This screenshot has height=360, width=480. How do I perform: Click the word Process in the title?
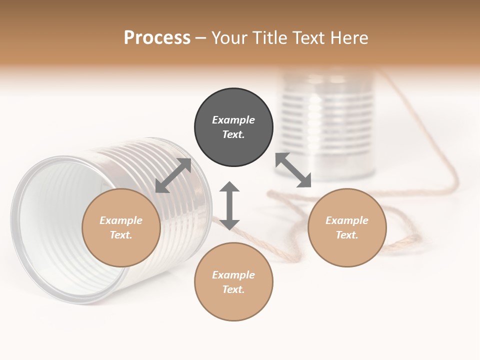(x=157, y=38)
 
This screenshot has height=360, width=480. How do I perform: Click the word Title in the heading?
(x=269, y=38)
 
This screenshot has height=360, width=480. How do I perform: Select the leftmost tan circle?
(x=121, y=227)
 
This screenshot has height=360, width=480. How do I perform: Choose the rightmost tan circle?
(x=347, y=227)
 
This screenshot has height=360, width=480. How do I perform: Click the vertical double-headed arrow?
(x=229, y=205)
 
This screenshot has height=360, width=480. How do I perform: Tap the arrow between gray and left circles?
(x=173, y=175)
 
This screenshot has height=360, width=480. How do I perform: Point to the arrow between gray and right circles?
(x=293, y=170)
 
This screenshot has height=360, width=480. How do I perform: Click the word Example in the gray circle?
(x=233, y=120)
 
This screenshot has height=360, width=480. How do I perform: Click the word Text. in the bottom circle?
(x=233, y=289)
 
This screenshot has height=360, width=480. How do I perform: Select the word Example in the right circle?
(x=347, y=220)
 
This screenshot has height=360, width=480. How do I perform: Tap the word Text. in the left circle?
(x=121, y=235)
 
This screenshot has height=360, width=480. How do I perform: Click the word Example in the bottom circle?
(x=233, y=275)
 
